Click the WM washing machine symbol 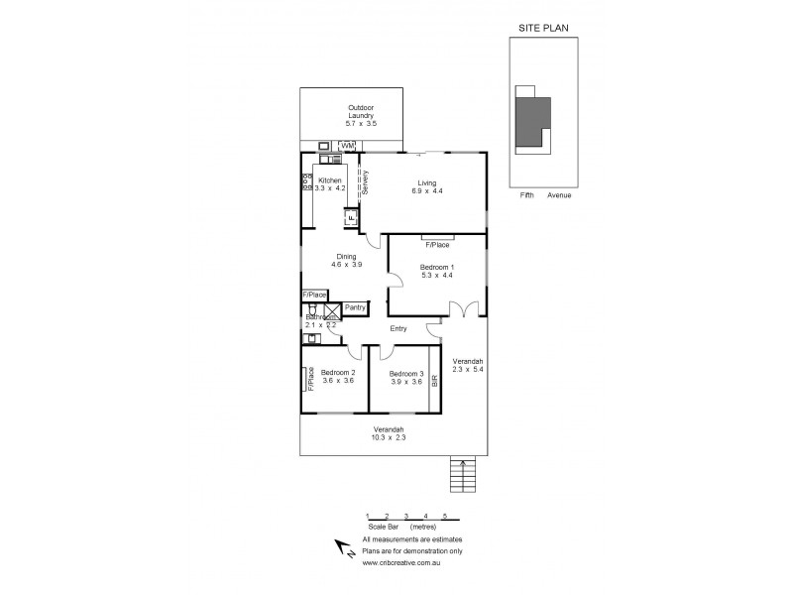(x=348, y=147)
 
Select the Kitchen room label (x=329, y=180)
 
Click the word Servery (x=366, y=183)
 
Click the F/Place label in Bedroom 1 (x=437, y=244)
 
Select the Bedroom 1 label (x=437, y=268)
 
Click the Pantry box (x=356, y=307)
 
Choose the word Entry (x=399, y=328)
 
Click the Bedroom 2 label (x=336, y=373)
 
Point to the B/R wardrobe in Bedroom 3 (x=434, y=378)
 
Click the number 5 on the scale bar (x=444, y=516)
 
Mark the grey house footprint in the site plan (x=532, y=122)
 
